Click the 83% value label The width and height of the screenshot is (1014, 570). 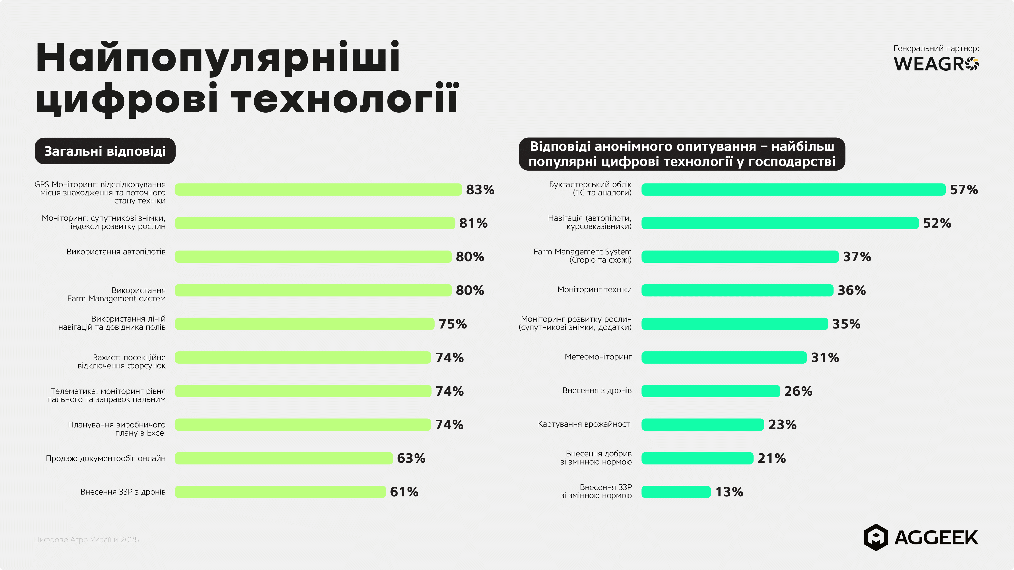click(x=480, y=190)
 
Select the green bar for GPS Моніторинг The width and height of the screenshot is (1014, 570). click(x=318, y=190)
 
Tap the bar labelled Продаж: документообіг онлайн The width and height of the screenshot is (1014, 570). click(x=283, y=458)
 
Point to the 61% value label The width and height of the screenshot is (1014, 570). click(x=404, y=492)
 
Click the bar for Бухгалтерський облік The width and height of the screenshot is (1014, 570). click(x=793, y=190)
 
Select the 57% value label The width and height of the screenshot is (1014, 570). click(x=964, y=190)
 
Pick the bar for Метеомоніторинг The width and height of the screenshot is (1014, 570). click(x=724, y=357)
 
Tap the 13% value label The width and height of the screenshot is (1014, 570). click(x=729, y=492)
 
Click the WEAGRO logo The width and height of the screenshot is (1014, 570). click(x=936, y=64)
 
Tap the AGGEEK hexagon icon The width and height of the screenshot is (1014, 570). click(x=875, y=537)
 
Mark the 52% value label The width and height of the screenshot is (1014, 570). click(x=937, y=223)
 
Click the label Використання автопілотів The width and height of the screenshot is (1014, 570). click(x=116, y=252)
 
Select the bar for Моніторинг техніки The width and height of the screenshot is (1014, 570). click(x=737, y=290)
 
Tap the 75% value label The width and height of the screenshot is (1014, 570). click(x=453, y=324)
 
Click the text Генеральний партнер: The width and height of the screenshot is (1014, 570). click(x=936, y=48)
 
